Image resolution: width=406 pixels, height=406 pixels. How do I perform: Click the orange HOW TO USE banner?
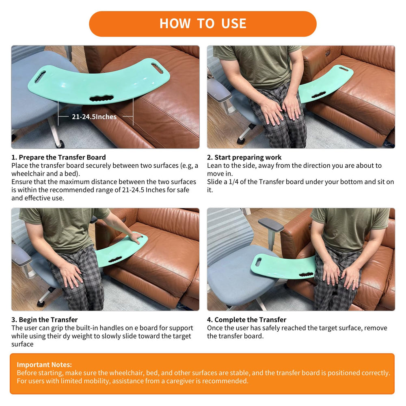point(203,24)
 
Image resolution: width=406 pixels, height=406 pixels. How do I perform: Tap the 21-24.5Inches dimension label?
point(94,117)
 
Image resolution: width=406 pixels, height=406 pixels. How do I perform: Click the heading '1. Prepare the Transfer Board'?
point(58,158)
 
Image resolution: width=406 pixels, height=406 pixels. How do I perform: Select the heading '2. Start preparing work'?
point(244,158)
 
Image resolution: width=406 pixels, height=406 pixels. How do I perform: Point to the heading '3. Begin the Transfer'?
point(45,320)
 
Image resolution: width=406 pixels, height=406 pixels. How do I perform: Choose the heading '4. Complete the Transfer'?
point(247,320)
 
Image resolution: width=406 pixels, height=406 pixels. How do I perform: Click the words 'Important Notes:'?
point(44,365)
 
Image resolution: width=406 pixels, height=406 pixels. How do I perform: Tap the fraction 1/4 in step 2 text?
point(233,182)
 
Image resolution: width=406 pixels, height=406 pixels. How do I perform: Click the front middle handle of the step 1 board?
point(101,98)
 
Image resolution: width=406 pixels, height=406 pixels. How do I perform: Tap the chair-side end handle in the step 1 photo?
point(40,77)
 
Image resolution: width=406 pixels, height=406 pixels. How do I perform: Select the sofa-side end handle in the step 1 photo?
point(157,68)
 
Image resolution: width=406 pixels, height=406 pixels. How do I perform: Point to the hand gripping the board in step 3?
point(136,238)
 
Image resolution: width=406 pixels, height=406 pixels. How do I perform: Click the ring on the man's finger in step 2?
point(296,110)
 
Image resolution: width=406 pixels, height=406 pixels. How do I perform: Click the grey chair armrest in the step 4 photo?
point(271,225)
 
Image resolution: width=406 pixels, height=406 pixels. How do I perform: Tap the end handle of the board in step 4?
point(258,262)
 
